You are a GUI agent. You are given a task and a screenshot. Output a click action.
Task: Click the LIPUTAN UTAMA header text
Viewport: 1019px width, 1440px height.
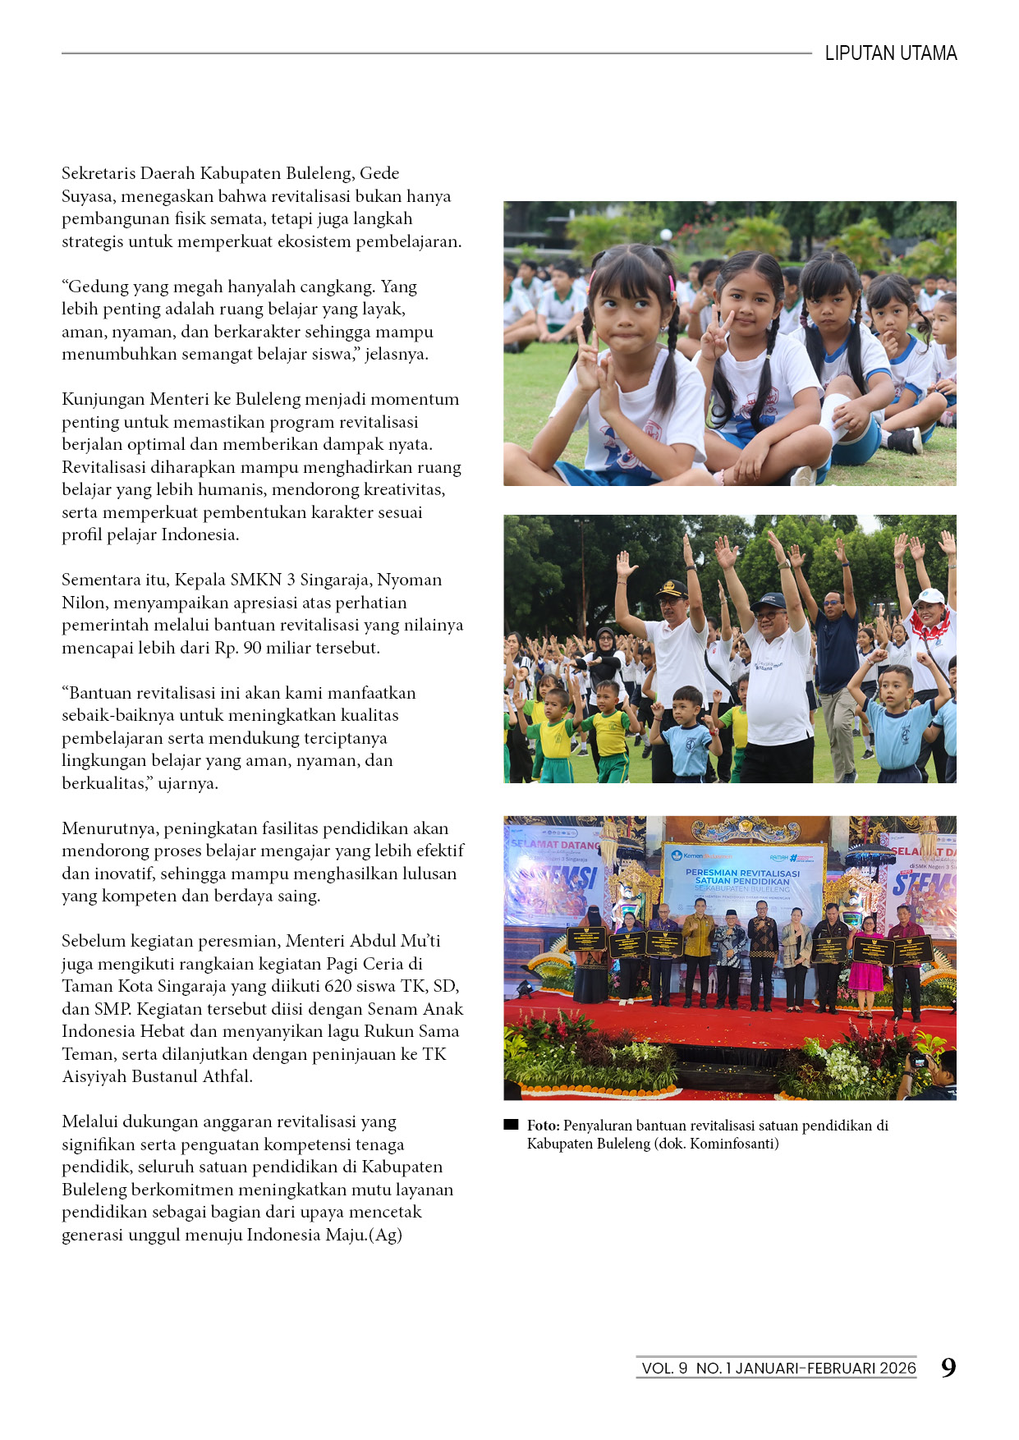point(890,53)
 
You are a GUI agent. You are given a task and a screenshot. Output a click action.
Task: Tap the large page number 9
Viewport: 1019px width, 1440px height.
point(948,1368)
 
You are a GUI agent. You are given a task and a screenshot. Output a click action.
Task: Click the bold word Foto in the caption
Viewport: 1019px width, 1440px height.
point(543,1126)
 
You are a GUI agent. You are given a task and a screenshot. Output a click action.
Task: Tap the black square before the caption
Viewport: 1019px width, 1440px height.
point(511,1125)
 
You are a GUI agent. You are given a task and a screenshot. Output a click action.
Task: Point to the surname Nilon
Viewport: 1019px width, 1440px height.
point(85,603)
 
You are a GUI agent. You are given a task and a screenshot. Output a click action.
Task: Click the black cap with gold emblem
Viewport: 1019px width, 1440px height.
point(671,589)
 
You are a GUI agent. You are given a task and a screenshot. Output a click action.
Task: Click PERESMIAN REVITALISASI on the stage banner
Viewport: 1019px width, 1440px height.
point(742,873)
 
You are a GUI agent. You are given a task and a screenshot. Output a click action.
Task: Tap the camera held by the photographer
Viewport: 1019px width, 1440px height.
point(919,1062)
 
